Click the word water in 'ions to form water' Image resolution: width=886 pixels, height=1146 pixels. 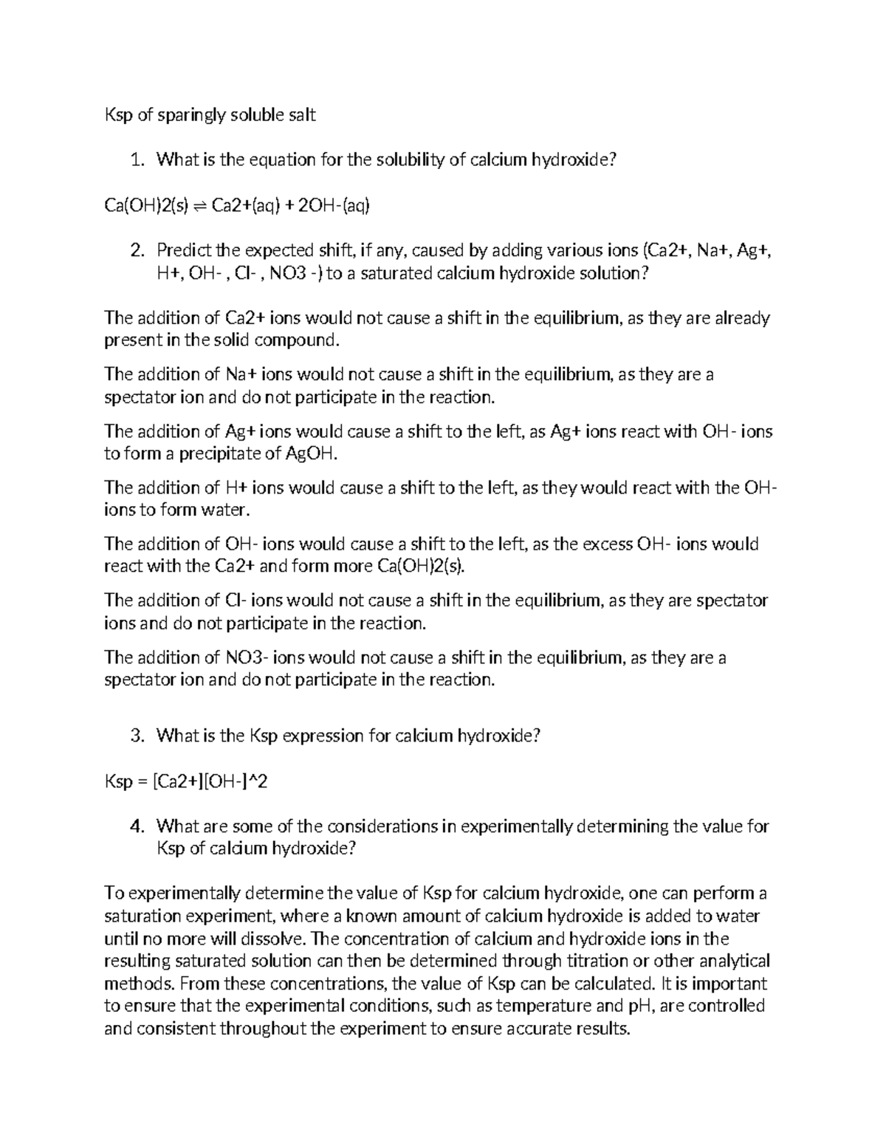[224, 510]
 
